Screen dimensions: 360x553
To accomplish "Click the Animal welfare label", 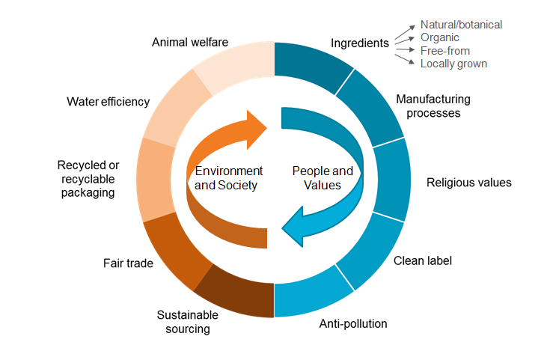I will click(x=189, y=42).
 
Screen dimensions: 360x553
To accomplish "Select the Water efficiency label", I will click(x=108, y=102).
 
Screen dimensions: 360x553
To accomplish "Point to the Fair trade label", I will click(x=128, y=263).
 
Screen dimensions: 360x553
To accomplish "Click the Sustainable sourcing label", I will click(x=183, y=322).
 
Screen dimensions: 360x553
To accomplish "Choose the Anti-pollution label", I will click(x=353, y=324).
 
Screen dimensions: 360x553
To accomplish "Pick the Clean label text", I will click(x=423, y=260).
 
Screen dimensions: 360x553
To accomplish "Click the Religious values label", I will click(x=468, y=182).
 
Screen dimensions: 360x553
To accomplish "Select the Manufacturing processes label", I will click(x=433, y=106).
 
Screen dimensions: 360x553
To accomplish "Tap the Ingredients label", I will click(x=359, y=43).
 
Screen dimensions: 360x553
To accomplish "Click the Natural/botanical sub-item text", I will click(x=461, y=25).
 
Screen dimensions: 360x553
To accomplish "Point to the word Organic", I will click(x=440, y=37).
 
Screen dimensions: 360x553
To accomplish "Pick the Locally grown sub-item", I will click(x=453, y=64).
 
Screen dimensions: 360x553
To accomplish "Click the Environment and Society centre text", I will click(x=225, y=178).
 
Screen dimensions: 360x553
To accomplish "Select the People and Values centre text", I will click(x=322, y=178).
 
